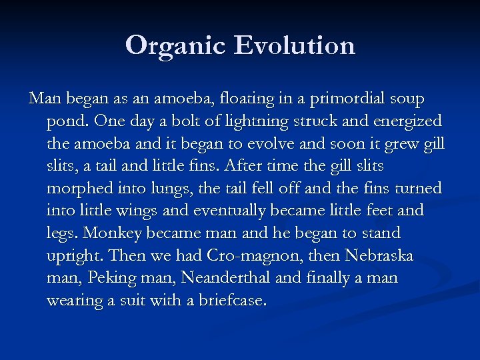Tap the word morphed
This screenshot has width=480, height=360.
tap(78, 189)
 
